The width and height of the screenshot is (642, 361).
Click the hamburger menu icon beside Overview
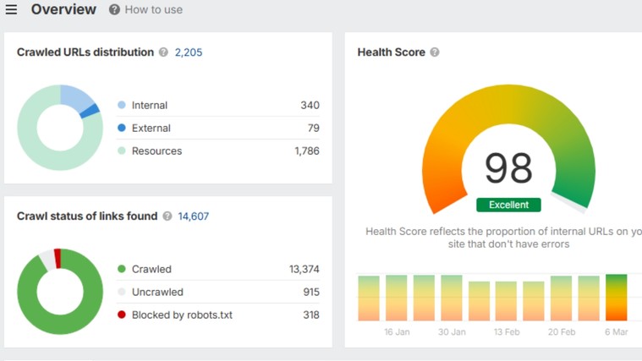[11, 10]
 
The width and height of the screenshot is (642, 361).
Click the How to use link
[153, 10]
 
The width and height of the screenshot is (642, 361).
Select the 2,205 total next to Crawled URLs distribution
[189, 52]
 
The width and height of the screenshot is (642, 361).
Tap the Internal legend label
[150, 106]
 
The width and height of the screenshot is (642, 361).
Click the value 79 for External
[313, 129]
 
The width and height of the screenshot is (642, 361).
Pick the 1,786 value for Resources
[306, 151]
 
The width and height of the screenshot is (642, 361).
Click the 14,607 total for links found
[193, 216]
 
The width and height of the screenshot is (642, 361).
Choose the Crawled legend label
[151, 270]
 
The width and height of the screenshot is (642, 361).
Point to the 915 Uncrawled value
[310, 293]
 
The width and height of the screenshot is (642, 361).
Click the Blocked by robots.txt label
[182, 315]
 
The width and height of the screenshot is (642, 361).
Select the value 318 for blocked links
[310, 315]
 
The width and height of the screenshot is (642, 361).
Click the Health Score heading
[391, 52]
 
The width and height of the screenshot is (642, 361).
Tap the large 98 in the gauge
[508, 168]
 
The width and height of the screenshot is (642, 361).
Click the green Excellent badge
[508, 205]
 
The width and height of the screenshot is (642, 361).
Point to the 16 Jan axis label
[397, 332]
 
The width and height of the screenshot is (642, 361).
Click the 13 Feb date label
[506, 332]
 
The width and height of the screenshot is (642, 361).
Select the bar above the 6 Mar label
[617, 298]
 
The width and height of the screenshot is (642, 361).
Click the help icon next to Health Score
[435, 52]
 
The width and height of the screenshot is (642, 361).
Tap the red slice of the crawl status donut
[58, 257]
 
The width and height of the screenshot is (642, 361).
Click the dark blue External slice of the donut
[91, 110]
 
